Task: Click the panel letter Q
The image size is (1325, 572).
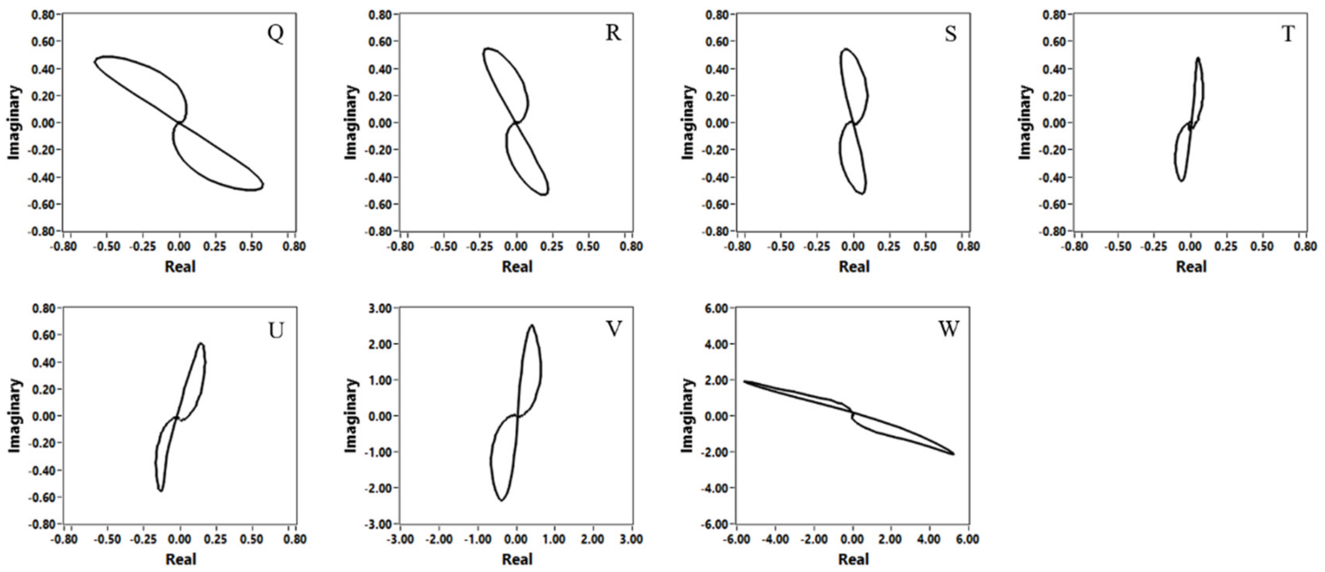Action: [275, 33]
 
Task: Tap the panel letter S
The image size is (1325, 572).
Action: [951, 34]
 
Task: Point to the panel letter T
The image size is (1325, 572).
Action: [1288, 34]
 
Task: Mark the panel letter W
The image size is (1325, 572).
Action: [949, 329]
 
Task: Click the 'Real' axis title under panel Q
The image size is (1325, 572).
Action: [180, 266]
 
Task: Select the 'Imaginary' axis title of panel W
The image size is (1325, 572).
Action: [688, 416]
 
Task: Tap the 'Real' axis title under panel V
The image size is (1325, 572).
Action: [517, 559]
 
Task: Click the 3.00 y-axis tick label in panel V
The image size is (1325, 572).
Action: [381, 308]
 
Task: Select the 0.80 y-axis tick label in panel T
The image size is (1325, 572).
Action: [1055, 15]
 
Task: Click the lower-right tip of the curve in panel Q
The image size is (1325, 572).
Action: [263, 186]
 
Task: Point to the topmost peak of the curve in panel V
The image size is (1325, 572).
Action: [531, 325]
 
